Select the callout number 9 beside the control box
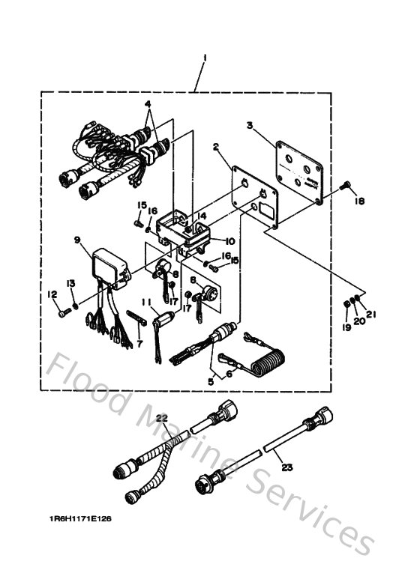click(x=76, y=240)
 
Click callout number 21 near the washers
click(x=369, y=315)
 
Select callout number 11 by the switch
click(x=147, y=303)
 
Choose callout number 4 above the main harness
click(x=148, y=103)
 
